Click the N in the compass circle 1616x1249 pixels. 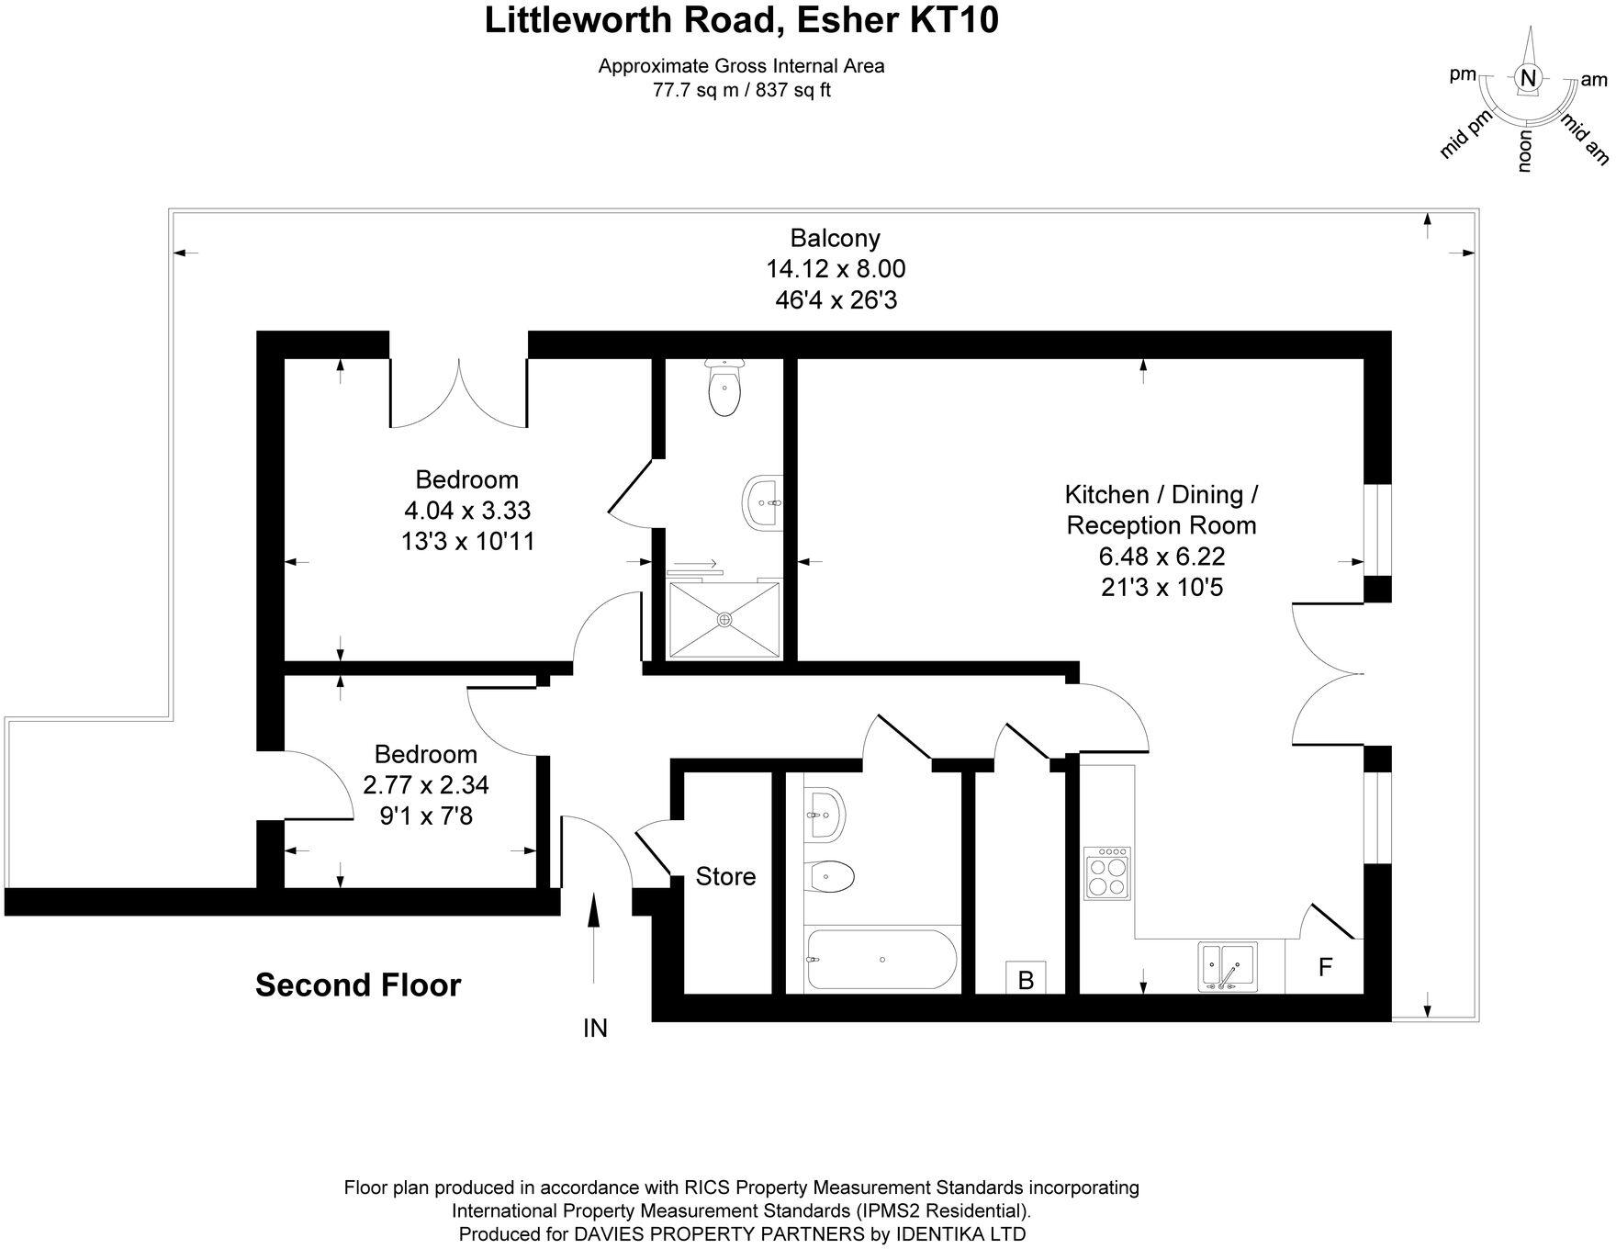tap(1528, 79)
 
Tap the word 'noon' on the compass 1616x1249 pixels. tap(1525, 152)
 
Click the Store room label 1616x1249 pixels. tap(725, 876)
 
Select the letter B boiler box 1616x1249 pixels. tap(1026, 979)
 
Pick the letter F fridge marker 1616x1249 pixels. tap(1325, 967)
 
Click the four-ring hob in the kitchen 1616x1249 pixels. tap(1107, 873)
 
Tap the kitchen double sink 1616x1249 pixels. tap(1228, 967)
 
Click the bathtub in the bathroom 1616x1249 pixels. tap(881, 960)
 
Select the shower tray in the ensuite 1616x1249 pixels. tap(724, 620)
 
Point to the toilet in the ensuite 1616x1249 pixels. tap(724, 388)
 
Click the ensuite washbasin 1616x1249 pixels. tap(761, 502)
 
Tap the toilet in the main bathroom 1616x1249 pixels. tap(831, 876)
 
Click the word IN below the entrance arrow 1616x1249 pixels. tap(595, 1029)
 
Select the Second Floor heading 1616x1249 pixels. tap(358, 985)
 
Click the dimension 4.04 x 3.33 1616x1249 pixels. tap(467, 510)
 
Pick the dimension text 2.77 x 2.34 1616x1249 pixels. tap(426, 785)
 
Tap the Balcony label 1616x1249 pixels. tap(836, 238)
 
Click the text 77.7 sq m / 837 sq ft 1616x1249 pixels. tap(741, 90)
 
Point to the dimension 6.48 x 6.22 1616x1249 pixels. tap(1161, 557)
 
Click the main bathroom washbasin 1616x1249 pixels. tap(825, 812)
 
